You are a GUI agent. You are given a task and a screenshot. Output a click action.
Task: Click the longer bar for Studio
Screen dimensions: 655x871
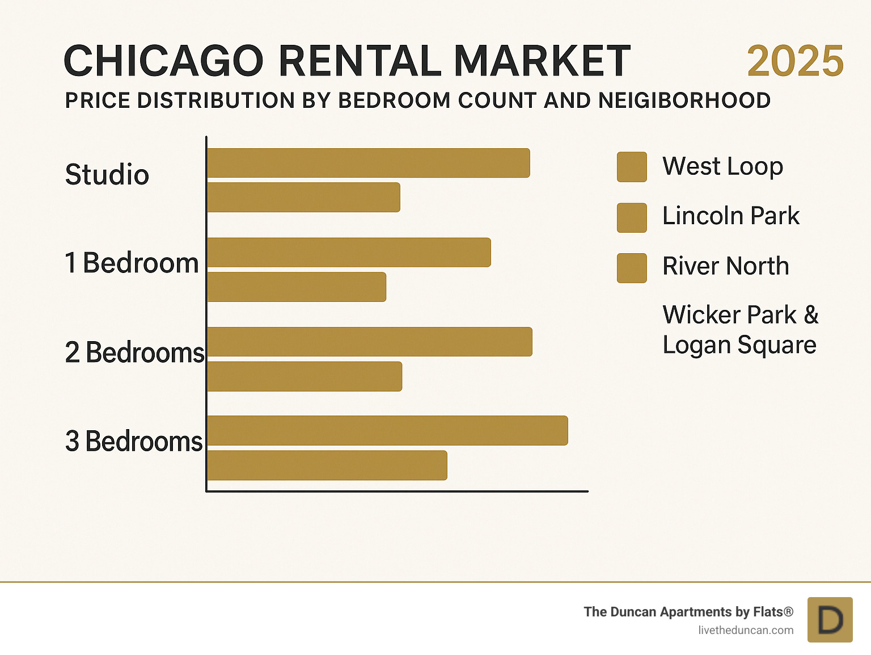click(369, 163)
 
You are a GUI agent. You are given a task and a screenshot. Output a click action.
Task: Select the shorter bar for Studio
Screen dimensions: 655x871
click(304, 198)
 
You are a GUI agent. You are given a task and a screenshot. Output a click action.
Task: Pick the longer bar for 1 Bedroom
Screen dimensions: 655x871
click(349, 253)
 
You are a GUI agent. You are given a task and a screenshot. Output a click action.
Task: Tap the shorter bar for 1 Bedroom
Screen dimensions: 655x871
click(297, 287)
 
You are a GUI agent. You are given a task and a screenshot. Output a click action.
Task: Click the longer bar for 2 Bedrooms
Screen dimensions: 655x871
click(370, 342)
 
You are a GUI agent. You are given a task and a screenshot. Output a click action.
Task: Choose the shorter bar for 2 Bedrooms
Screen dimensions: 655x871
click(305, 376)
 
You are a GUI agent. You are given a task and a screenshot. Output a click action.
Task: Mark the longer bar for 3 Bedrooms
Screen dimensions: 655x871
click(388, 431)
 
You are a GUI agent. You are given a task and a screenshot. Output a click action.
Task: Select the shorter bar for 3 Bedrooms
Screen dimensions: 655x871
click(327, 465)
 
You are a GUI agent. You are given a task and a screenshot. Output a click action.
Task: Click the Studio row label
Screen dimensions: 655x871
click(107, 174)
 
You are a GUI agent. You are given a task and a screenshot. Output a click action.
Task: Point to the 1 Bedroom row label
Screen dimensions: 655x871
click(132, 263)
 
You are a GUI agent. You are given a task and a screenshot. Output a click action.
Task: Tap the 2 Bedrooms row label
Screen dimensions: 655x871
click(134, 352)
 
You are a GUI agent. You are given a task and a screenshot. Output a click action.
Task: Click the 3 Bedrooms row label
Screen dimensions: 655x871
click(134, 441)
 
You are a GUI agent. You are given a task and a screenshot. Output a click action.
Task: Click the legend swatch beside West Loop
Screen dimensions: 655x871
click(632, 167)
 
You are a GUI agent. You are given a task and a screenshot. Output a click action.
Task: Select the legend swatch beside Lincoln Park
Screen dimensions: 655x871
click(632, 217)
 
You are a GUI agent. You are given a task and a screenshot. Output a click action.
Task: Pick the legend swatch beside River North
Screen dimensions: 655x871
click(632, 268)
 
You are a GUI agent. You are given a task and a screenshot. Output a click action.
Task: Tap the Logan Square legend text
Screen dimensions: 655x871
click(739, 345)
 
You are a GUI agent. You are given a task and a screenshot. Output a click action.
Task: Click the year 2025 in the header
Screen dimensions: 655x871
click(795, 61)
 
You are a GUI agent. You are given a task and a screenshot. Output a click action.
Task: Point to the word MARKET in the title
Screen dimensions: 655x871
click(542, 61)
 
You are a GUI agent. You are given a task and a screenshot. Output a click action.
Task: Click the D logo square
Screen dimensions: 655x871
click(830, 620)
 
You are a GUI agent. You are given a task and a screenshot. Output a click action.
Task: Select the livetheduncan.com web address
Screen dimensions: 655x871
click(746, 630)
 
